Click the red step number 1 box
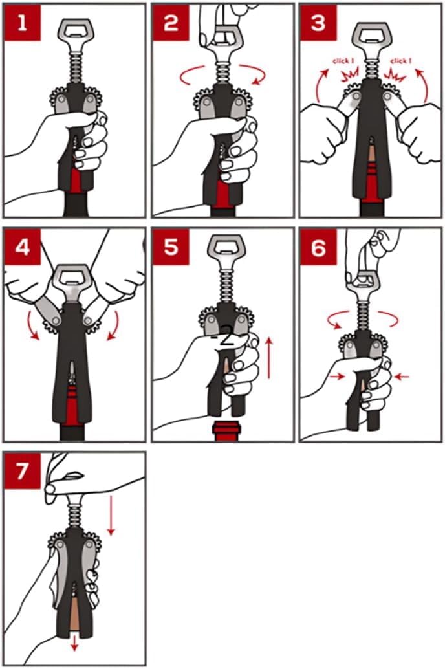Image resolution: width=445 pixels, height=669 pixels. tap(23, 22)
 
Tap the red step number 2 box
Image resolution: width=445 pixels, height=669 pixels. tap(170, 22)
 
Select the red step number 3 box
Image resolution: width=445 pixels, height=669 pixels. tap(318, 22)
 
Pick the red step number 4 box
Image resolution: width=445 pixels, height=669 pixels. tap(23, 246)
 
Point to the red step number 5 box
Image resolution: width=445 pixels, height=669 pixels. tap(170, 246)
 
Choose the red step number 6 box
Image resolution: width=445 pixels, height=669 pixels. tap(318, 246)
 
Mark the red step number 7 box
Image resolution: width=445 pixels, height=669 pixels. tap(23, 470)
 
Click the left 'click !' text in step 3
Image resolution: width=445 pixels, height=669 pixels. tap(343, 61)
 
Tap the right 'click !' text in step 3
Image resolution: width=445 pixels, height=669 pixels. tap(400, 61)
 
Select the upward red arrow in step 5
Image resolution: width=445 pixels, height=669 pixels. tap(269, 358)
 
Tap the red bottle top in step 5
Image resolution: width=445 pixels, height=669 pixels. tap(227, 432)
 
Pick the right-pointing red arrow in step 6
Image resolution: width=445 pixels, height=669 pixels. tap(337, 376)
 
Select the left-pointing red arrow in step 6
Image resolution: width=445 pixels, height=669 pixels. tap(402, 376)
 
